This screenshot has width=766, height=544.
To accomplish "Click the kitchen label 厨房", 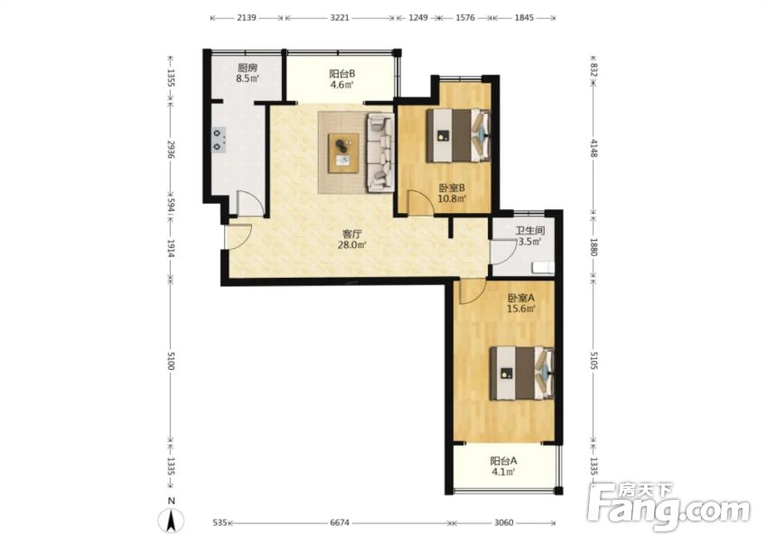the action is (x=248, y=68).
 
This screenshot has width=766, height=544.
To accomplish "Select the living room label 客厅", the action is (x=351, y=235).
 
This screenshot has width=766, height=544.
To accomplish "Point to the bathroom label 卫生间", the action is (x=530, y=231).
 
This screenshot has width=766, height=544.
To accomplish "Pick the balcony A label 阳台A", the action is (x=504, y=461).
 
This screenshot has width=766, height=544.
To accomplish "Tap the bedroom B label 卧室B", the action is (x=452, y=188).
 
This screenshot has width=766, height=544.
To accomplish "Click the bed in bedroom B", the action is (x=458, y=135).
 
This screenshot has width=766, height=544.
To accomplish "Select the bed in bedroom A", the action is (x=522, y=373).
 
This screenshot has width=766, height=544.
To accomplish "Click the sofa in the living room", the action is (x=380, y=152).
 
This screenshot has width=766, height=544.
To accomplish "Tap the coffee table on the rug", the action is (x=343, y=152).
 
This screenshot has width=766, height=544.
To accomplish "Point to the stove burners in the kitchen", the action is (x=220, y=139).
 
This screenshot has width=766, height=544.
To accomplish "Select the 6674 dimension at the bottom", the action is (x=340, y=522).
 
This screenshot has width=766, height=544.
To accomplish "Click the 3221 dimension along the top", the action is (x=340, y=18).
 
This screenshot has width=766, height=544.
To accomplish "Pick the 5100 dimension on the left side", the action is (x=171, y=360).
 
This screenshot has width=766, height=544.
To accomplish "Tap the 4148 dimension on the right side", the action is (x=593, y=148).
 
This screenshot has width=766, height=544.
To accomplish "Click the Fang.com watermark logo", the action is (x=668, y=506).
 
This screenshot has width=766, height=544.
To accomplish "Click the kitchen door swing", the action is (x=250, y=203).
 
